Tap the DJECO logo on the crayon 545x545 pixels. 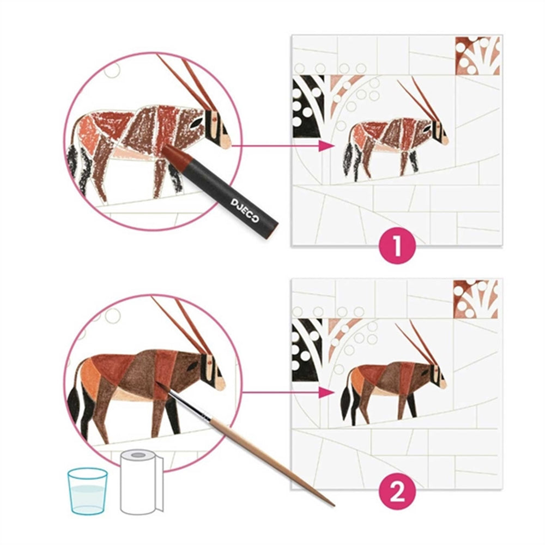pos(245,210)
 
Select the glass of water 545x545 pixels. pos(87,491)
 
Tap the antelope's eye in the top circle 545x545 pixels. pos(197,122)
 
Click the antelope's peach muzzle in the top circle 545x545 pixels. pos(223,142)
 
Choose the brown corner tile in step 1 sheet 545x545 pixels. pos(478,55)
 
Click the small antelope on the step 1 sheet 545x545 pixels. pos(396,136)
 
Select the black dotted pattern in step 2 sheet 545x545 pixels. pos(306,350)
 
